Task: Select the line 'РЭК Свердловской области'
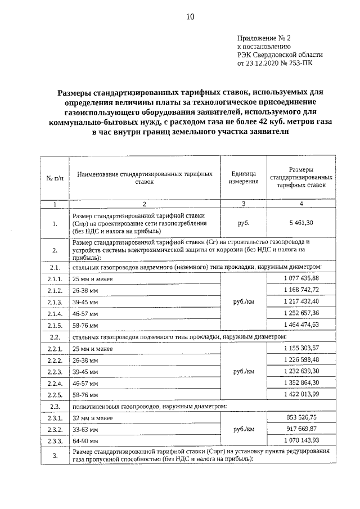click(x=280, y=55)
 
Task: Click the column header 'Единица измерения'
click(x=244, y=178)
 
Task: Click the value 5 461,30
click(x=301, y=223)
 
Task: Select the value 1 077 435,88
click(x=301, y=278)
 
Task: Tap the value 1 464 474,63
click(x=301, y=325)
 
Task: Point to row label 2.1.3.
click(x=55, y=302)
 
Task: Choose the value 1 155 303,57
click(x=301, y=348)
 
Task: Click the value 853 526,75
click(x=301, y=418)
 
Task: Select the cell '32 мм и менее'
click(x=93, y=418)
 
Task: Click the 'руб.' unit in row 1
click(x=244, y=223)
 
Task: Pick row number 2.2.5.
click(x=55, y=395)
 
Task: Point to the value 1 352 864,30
click(x=301, y=383)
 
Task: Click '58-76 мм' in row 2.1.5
click(x=85, y=326)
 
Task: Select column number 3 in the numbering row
click(x=244, y=204)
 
